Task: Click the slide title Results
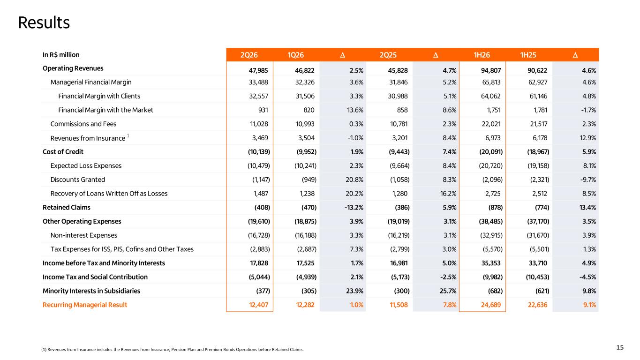click(44, 22)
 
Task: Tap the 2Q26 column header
click(249, 55)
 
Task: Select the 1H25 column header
click(528, 55)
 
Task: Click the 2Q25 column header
click(388, 55)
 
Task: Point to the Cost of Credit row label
click(63, 152)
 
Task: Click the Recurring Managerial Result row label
click(85, 305)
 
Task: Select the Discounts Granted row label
click(78, 180)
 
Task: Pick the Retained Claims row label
click(66, 208)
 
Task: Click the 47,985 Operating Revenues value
click(258, 70)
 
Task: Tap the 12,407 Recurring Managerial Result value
click(258, 305)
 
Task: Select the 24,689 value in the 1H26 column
click(491, 305)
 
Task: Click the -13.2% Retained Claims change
click(354, 208)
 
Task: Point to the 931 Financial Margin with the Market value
click(263, 110)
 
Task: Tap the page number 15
click(620, 347)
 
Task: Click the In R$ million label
click(61, 55)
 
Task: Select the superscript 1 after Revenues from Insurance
click(128, 135)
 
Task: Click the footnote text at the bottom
click(172, 349)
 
